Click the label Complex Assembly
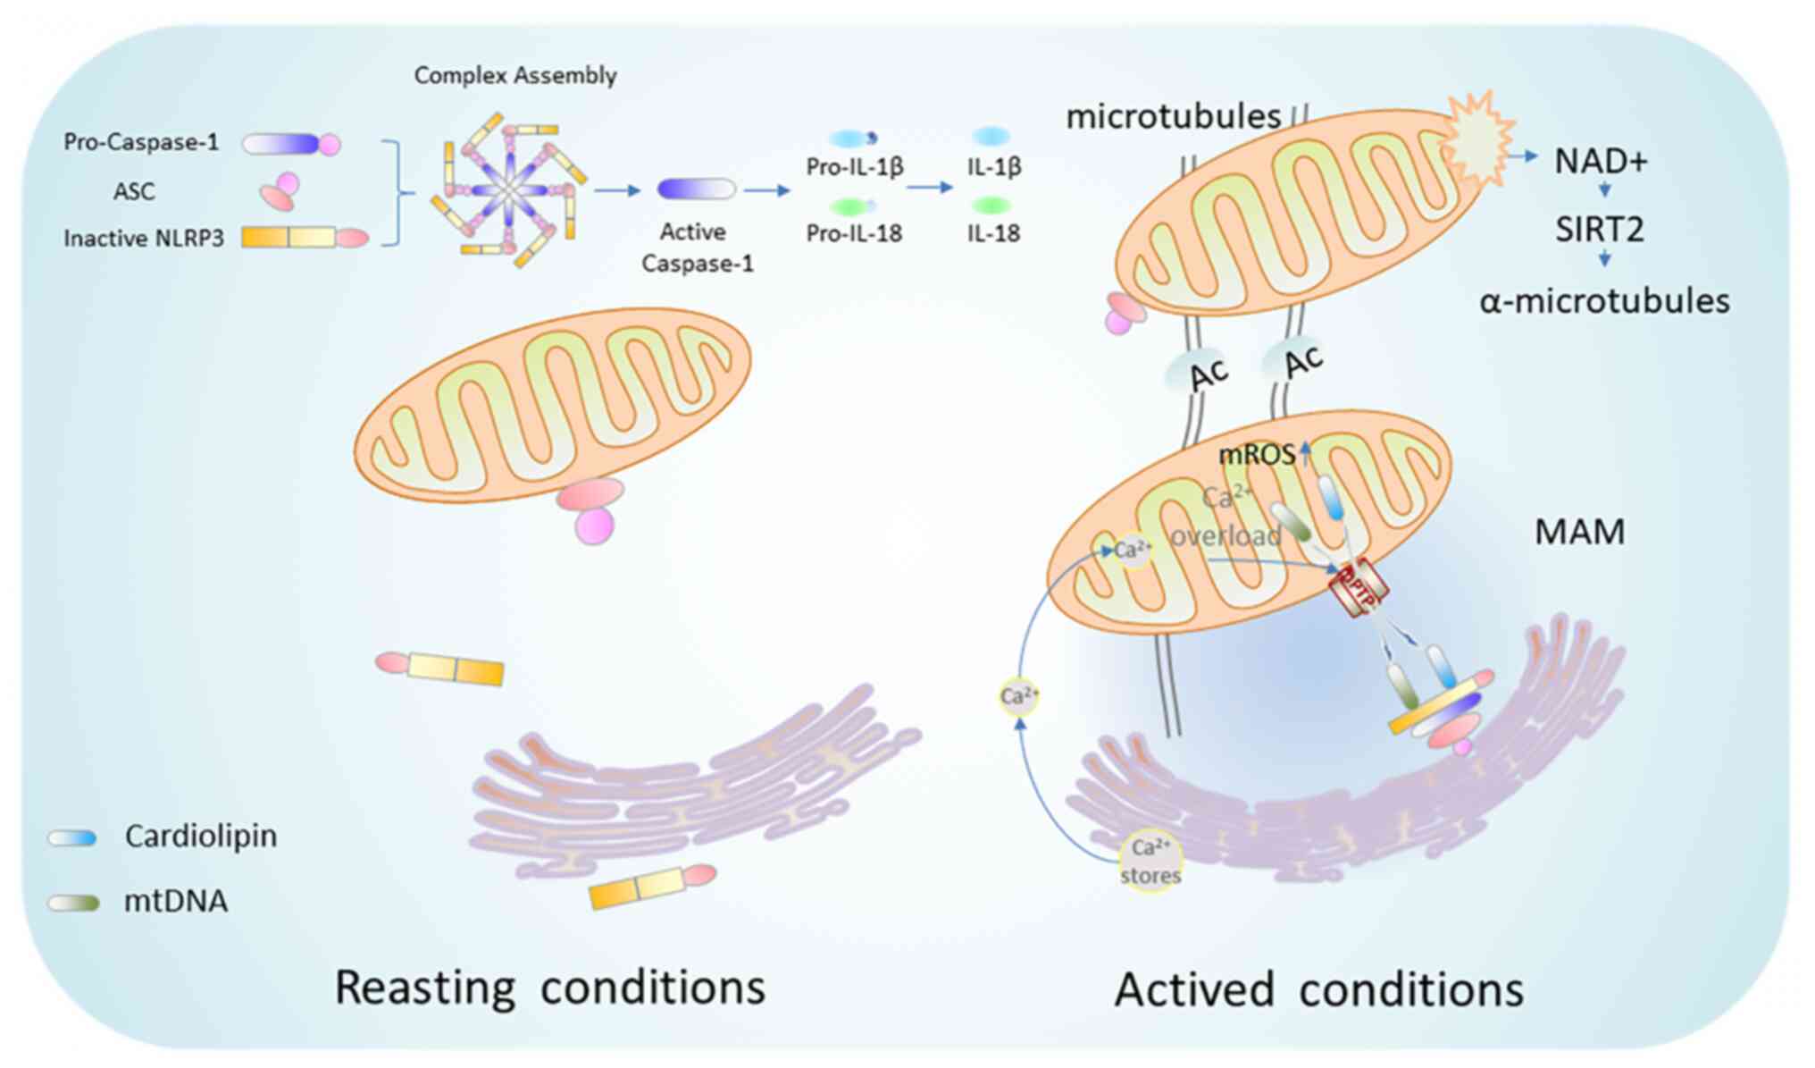tap(515, 75)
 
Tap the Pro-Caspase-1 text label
tap(141, 142)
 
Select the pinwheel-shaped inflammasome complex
tap(507, 189)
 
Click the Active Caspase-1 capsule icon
tap(696, 189)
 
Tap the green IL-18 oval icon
tap(990, 206)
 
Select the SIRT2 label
tap(1599, 230)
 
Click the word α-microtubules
tap(1604, 301)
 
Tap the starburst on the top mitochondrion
tap(1478, 139)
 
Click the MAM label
tap(1579, 532)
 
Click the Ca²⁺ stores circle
tap(1150, 861)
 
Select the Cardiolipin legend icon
tap(72, 837)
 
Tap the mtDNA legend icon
tap(73, 903)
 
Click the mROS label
tap(1257, 455)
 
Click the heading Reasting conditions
tap(550, 988)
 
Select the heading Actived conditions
tap(1318, 990)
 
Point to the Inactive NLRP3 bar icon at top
tap(304, 237)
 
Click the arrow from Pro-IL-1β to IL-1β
tap(930, 188)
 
